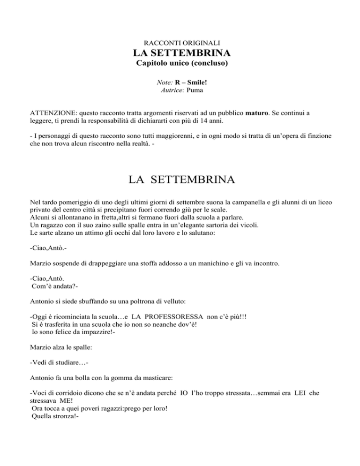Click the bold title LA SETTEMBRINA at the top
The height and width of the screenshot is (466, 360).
click(180, 53)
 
